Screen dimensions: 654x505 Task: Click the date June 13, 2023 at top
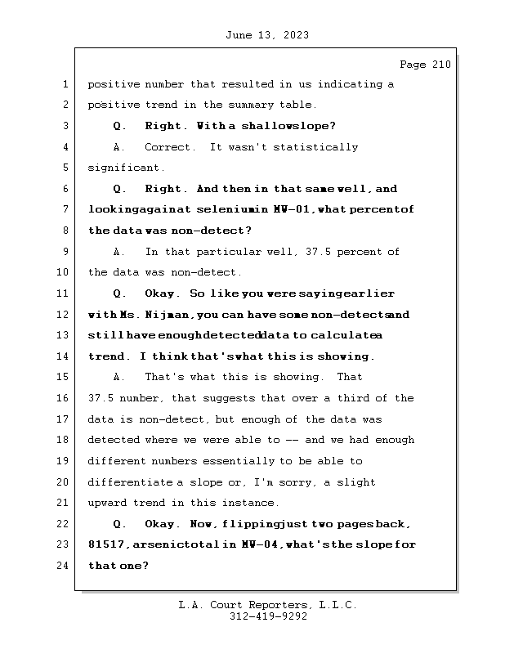(266, 35)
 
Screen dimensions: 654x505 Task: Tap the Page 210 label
(425, 65)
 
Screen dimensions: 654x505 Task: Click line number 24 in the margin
(63, 566)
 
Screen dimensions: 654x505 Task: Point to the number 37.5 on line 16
(101, 398)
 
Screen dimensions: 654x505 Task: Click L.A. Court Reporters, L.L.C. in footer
(267, 605)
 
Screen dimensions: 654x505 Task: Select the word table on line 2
(295, 105)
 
